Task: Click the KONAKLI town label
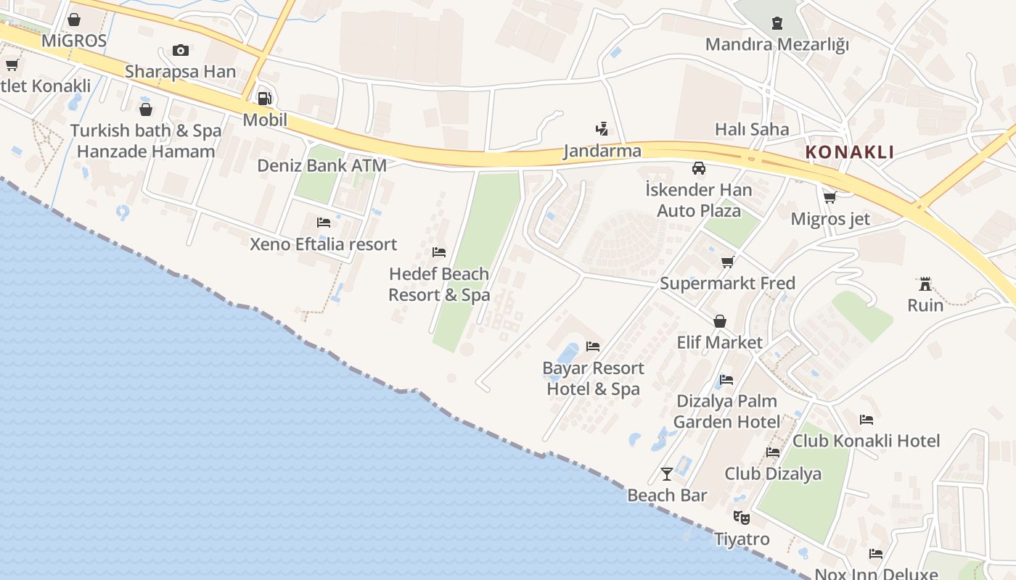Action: click(x=850, y=153)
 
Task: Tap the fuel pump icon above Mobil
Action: click(x=265, y=99)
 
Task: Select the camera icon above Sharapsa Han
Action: click(x=181, y=51)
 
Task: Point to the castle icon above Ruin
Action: click(x=925, y=283)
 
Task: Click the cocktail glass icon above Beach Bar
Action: click(x=667, y=474)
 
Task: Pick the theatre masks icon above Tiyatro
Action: click(x=741, y=518)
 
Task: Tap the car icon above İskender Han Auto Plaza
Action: click(x=699, y=168)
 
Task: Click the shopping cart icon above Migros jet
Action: click(x=829, y=197)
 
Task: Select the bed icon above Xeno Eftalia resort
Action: click(x=324, y=223)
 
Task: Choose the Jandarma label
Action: click(x=602, y=152)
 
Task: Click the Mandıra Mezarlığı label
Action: click(x=777, y=45)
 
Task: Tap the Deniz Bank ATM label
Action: click(x=321, y=166)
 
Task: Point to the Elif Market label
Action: click(x=719, y=342)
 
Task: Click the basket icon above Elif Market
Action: click(x=720, y=321)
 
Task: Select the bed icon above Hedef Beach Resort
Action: click(x=439, y=252)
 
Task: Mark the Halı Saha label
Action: click(x=752, y=130)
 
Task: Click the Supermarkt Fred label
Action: click(x=727, y=283)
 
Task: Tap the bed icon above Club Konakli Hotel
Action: click(x=867, y=420)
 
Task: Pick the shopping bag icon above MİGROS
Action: click(x=74, y=20)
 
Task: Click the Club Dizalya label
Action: click(x=773, y=474)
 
